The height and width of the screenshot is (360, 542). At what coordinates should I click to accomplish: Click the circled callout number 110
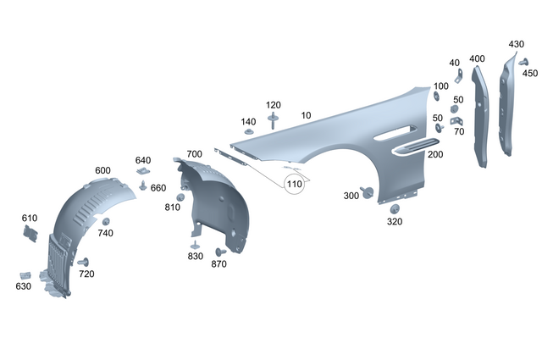pos(294,184)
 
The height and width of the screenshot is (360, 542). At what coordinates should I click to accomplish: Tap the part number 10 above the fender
pos(305,114)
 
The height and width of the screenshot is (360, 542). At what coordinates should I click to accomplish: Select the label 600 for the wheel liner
pos(102,171)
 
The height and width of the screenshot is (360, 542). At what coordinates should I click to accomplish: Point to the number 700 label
pos(194,154)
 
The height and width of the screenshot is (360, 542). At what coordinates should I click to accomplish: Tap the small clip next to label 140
pos(249,133)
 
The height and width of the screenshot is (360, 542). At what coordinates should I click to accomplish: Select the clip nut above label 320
pos(395,208)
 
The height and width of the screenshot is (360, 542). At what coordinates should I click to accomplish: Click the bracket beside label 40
pos(458,77)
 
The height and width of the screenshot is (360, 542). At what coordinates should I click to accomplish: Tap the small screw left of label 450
pos(523,62)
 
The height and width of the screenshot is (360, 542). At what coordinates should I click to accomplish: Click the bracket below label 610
pos(30,233)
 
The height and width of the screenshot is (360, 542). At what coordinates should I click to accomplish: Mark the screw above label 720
pos(85,261)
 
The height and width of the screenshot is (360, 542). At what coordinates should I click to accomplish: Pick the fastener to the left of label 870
pos(219,252)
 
